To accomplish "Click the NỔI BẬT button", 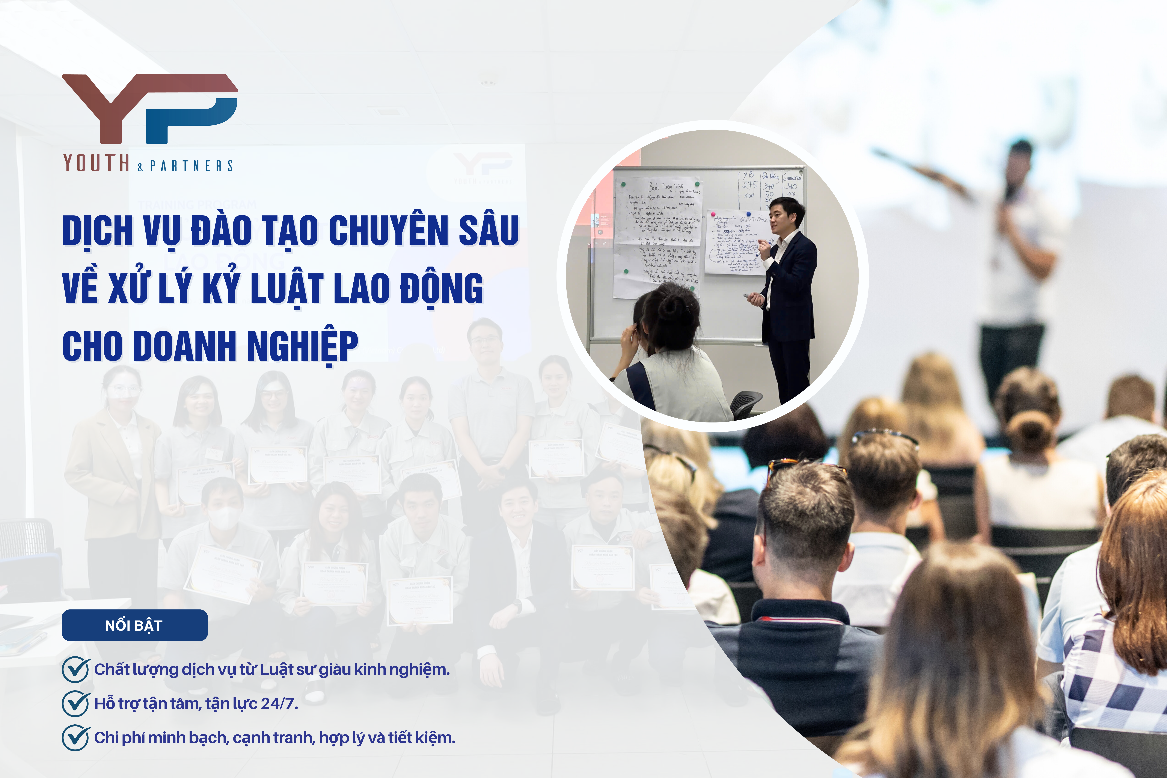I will click(134, 625).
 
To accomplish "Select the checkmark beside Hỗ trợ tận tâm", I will click(75, 704).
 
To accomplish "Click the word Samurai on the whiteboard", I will click(792, 177).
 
